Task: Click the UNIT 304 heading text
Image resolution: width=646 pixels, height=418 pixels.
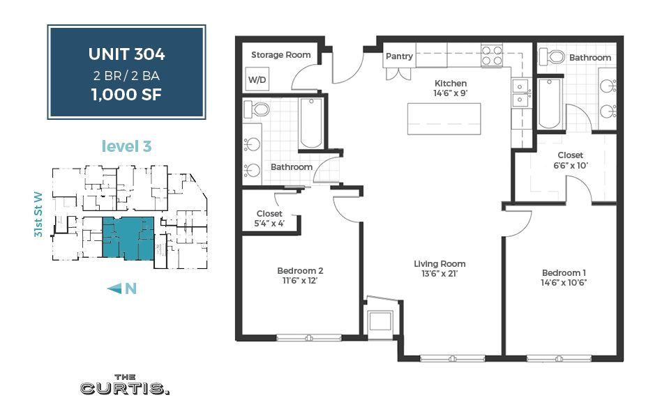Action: coord(126,54)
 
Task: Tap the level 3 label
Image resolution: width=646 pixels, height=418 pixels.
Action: coord(126,146)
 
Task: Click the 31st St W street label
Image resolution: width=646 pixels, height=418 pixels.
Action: coord(40,216)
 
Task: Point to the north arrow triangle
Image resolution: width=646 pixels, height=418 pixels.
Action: coord(114,288)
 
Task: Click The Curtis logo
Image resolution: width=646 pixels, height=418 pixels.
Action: coord(125,386)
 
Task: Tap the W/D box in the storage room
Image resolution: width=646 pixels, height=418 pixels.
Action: coord(257,80)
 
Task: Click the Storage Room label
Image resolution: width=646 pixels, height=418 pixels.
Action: coord(281,55)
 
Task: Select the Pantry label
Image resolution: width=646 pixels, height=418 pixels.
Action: coord(399,56)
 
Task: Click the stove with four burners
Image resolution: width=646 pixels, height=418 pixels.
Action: coord(493,55)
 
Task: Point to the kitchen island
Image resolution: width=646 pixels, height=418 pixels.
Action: coord(444,118)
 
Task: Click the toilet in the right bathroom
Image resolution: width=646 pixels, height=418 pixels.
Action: coord(556,56)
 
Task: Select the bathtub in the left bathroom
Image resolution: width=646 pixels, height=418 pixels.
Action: coord(311,123)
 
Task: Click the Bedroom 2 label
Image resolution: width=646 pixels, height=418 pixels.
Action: coord(300,271)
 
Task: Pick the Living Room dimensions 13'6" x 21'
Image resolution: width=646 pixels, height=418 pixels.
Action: coord(440,274)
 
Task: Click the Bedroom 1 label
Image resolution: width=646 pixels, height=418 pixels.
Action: coord(565,272)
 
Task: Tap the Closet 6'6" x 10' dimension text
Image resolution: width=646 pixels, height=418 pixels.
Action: coord(570,166)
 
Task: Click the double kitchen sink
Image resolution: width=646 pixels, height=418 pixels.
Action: coord(520,93)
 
